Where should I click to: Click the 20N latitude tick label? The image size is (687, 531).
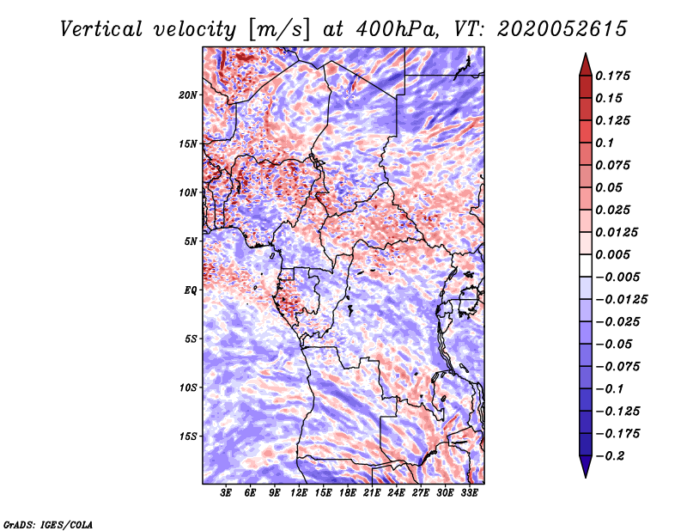pyautogui.click(x=188, y=95)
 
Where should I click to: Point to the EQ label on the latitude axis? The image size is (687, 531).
pyautogui.click(x=191, y=290)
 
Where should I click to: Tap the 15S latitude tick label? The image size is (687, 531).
pyautogui.click(x=188, y=436)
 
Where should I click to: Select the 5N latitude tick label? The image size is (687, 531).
pyautogui.click(x=191, y=241)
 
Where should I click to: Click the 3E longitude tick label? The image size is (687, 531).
pyautogui.click(x=226, y=493)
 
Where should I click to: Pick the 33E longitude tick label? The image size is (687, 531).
pyautogui.click(x=469, y=493)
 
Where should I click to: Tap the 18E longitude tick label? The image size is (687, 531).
pyautogui.click(x=348, y=493)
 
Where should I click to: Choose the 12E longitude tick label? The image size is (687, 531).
pyautogui.click(x=299, y=493)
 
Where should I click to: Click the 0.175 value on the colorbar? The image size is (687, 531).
pyautogui.click(x=612, y=76)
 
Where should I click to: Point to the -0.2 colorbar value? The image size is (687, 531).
pyautogui.click(x=610, y=456)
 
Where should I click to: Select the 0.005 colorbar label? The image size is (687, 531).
pyautogui.click(x=612, y=254)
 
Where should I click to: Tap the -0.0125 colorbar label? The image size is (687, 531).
pyautogui.click(x=621, y=300)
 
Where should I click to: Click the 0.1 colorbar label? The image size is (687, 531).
pyautogui.click(x=605, y=143)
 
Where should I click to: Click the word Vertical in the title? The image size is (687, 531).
pyautogui.click(x=101, y=29)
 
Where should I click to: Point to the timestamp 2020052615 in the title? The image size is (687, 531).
pyautogui.click(x=562, y=29)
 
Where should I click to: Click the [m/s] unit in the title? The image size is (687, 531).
pyautogui.click(x=279, y=30)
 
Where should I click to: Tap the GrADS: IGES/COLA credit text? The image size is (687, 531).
pyautogui.click(x=48, y=524)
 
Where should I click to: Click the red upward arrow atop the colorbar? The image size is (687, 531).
pyautogui.click(x=586, y=64)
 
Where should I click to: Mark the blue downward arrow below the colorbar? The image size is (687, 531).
pyautogui.click(x=586, y=466)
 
